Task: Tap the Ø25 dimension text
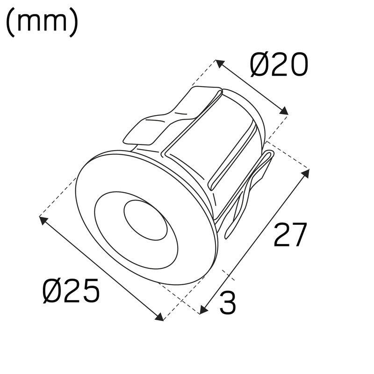pyautogui.click(x=71, y=291)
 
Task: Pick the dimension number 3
pyautogui.click(x=227, y=303)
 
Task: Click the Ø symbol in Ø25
pyautogui.click(x=51, y=291)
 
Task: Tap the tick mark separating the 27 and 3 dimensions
pyautogui.click(x=225, y=274)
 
